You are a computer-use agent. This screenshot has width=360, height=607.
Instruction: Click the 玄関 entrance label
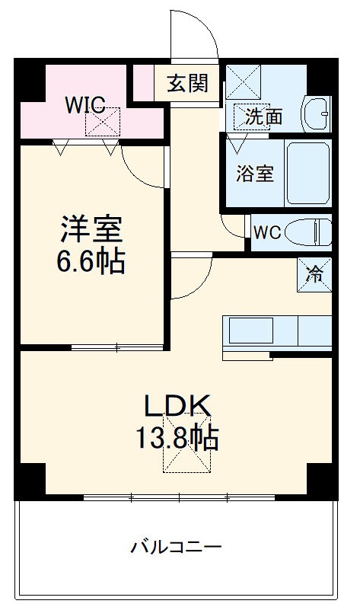(x=187, y=82)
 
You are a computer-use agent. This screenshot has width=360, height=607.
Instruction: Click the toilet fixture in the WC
(x=312, y=231)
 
